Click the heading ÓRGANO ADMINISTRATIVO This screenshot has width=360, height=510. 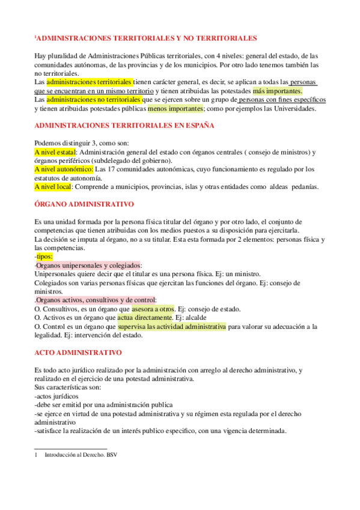tap(85, 204)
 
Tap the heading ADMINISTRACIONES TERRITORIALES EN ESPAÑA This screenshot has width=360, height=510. tap(121, 126)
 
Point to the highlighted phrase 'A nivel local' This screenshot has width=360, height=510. tap(53, 186)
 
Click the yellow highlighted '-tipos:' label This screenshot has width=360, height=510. tap(44, 256)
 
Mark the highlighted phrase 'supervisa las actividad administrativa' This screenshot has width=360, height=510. tap(172, 327)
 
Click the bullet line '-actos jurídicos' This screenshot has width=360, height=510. tap(56, 396)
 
